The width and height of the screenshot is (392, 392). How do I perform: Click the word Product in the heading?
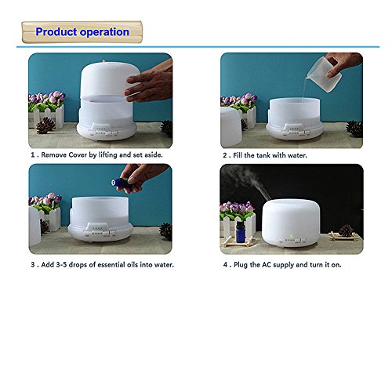pyautogui.click(x=56, y=32)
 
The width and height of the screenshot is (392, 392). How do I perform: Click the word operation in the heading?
pyautogui.click(x=104, y=32)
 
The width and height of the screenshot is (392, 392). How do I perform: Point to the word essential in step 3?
pyautogui.click(x=111, y=264)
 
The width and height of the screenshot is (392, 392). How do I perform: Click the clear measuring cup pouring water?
pyautogui.click(x=324, y=74)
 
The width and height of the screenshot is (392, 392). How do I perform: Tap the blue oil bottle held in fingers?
pyautogui.click(x=121, y=182)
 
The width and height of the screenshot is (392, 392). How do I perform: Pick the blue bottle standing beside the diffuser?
pyautogui.click(x=241, y=232)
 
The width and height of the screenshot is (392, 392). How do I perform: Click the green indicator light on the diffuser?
pyautogui.click(x=290, y=238)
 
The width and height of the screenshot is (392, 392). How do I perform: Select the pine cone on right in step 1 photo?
pyautogui.click(x=167, y=128)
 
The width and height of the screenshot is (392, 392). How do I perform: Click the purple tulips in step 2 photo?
pyautogui.click(x=239, y=100)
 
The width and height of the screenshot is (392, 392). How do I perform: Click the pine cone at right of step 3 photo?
pyautogui.click(x=165, y=231)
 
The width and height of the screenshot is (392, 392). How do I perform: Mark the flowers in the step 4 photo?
pyautogui.click(x=237, y=210)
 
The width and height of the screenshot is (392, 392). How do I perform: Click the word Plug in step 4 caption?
pyautogui.click(x=241, y=265)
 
